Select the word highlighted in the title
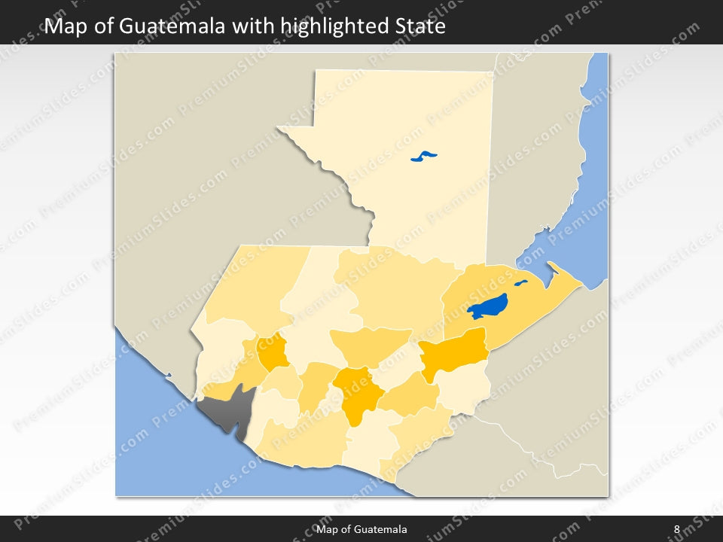[x=326, y=27]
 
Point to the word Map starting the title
[x=67, y=27]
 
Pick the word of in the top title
[x=105, y=27]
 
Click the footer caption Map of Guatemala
[x=361, y=530]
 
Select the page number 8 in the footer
[x=676, y=530]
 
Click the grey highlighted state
[x=226, y=410]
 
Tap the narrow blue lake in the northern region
[x=424, y=157]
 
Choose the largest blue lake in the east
[x=487, y=306]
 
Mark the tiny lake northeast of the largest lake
[x=520, y=284]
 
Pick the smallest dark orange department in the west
[x=272, y=349]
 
